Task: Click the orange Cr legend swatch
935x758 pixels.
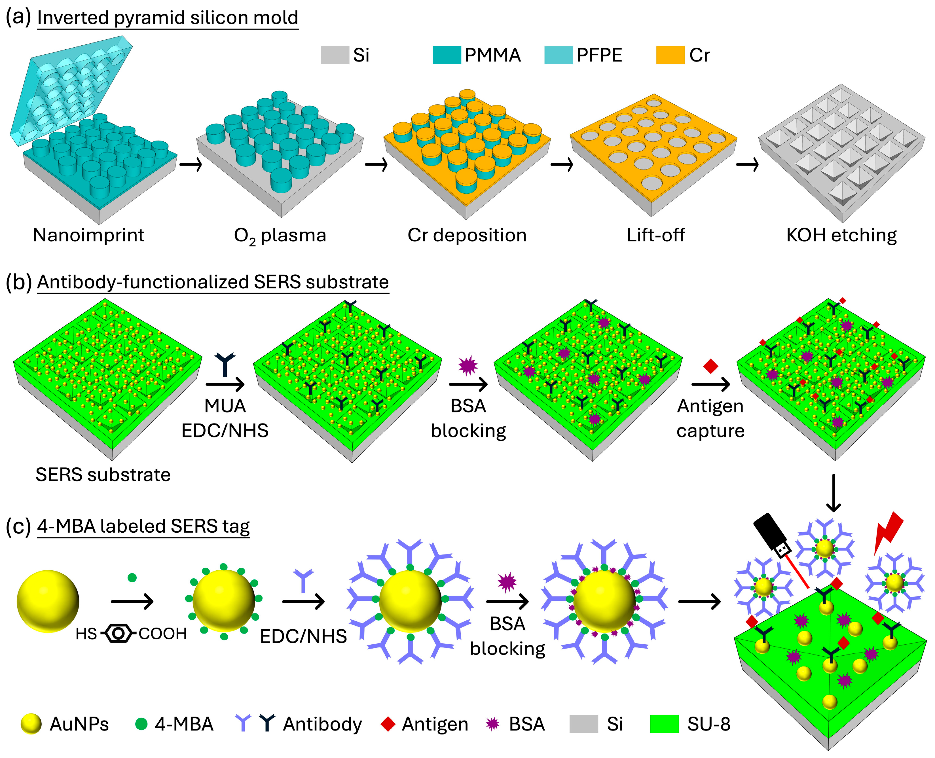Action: (x=670, y=55)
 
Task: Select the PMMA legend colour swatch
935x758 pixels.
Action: (x=446, y=55)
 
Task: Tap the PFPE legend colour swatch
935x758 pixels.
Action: (x=558, y=55)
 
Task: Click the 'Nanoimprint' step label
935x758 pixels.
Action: (x=89, y=235)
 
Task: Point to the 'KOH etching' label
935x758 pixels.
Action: (x=841, y=235)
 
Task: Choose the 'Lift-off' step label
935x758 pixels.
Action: (x=655, y=235)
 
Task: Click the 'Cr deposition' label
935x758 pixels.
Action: (x=467, y=235)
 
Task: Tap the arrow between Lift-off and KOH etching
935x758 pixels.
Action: (x=747, y=165)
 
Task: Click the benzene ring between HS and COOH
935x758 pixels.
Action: (x=118, y=633)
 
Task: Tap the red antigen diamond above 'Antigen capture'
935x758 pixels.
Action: (x=710, y=366)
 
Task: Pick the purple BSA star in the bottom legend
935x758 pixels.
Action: (x=493, y=724)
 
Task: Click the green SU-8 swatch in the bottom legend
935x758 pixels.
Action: (x=664, y=724)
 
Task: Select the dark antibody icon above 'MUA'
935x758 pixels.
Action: (x=225, y=365)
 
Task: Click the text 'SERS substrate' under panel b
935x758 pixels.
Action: (x=103, y=475)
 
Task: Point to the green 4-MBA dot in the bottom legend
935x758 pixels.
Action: (x=141, y=724)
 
